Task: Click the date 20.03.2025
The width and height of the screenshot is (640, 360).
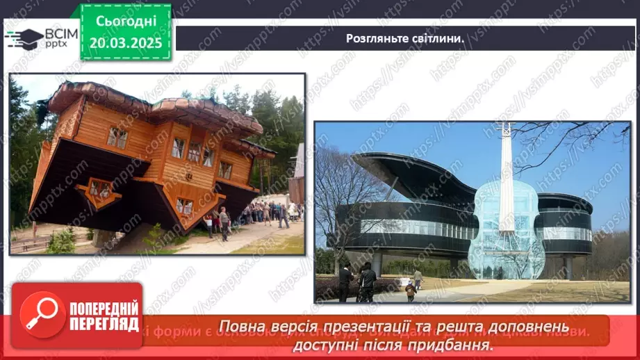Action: pos(126,42)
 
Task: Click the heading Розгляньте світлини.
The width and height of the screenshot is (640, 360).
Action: pos(405,38)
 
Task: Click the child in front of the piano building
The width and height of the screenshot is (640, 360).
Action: pos(410,291)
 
